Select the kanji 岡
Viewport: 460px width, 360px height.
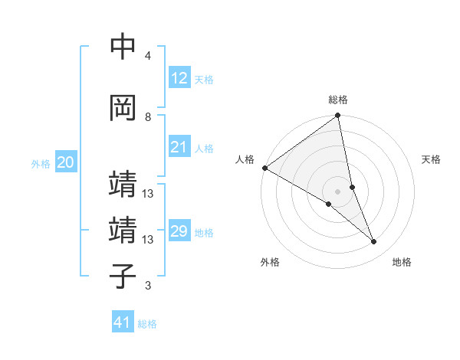click(123, 107)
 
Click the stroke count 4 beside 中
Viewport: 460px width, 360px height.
click(148, 56)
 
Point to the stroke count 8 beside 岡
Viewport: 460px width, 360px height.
click(148, 116)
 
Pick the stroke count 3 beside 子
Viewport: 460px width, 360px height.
click(148, 286)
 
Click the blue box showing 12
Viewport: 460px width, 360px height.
click(179, 77)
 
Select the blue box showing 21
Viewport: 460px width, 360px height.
click(179, 147)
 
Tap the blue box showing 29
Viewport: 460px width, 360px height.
click(179, 231)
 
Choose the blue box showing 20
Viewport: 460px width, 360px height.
click(66, 162)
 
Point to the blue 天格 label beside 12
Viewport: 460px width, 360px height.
click(203, 79)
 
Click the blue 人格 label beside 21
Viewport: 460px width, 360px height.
click(203, 149)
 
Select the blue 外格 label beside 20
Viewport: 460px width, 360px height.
click(41, 163)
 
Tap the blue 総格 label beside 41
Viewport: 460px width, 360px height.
click(147, 324)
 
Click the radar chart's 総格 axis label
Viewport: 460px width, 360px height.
click(338, 100)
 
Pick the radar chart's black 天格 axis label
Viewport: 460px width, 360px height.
click(432, 159)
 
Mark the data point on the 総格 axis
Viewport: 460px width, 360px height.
click(337, 116)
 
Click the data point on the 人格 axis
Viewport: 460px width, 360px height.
click(264, 168)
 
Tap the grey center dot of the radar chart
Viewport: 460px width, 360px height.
click(337, 191)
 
